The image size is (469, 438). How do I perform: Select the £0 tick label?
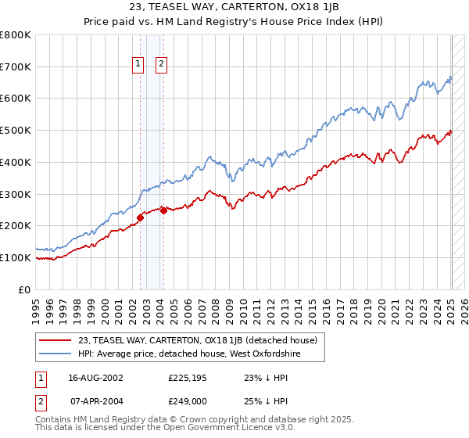(x=25, y=289)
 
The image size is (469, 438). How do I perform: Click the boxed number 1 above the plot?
(x=138, y=65)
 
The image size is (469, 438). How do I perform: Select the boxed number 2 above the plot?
(x=161, y=65)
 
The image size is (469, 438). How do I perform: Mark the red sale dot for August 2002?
(x=140, y=217)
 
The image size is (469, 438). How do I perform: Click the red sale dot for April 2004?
(x=163, y=210)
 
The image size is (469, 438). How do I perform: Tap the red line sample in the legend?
(x=55, y=340)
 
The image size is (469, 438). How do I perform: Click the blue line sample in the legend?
(x=55, y=354)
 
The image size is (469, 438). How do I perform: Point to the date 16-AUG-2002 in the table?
(x=95, y=378)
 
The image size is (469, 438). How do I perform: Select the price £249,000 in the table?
(x=187, y=400)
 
